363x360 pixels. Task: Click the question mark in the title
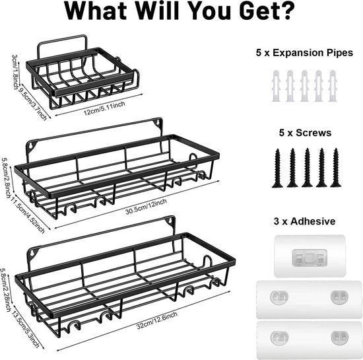[x=287, y=10]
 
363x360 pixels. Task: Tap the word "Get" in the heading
[x=259, y=11]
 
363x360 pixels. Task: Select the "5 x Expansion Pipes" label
[x=304, y=53]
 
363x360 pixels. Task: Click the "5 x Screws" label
[x=305, y=133]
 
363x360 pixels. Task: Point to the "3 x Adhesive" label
[x=304, y=221]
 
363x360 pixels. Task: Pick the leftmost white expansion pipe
[x=275, y=86]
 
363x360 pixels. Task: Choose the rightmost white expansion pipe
[x=333, y=86]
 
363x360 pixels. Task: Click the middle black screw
[x=307, y=168]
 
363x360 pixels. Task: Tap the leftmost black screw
[x=277, y=168]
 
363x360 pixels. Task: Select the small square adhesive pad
[x=310, y=256]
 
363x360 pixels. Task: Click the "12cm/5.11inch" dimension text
[x=104, y=108]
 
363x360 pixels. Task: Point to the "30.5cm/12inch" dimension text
[x=146, y=207]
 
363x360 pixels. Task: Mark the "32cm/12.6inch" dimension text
[x=156, y=320]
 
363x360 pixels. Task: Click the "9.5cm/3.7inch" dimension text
[x=32, y=104]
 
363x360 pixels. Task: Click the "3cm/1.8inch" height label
[x=15, y=72]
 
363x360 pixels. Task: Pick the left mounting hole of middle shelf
[x=31, y=146]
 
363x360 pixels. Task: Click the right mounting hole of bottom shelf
[x=170, y=221]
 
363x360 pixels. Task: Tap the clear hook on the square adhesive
[x=310, y=258]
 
